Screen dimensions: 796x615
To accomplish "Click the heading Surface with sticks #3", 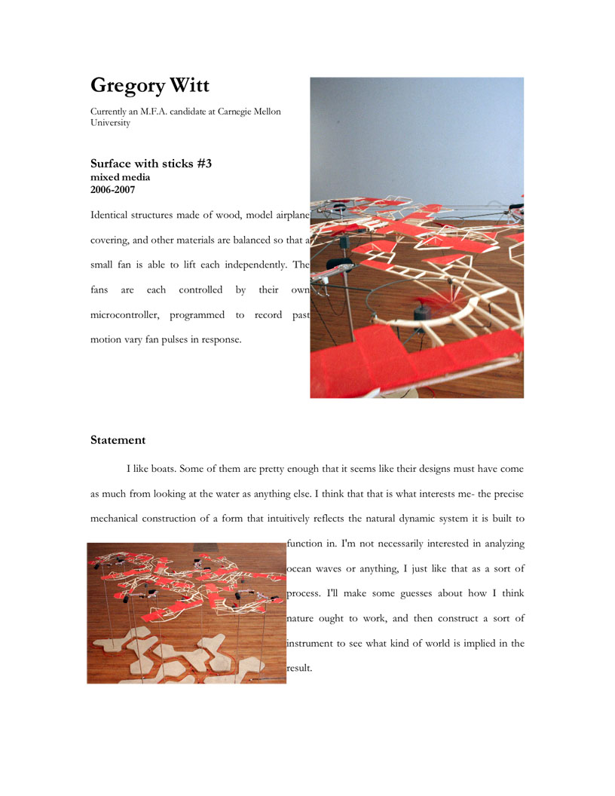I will click(151, 163).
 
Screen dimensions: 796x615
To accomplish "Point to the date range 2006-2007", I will click(113, 190).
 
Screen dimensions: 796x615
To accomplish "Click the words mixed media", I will click(120, 177).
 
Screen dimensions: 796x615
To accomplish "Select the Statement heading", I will click(118, 439).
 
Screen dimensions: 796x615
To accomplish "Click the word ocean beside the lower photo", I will click(304, 568).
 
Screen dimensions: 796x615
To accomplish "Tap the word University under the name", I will click(110, 122).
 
